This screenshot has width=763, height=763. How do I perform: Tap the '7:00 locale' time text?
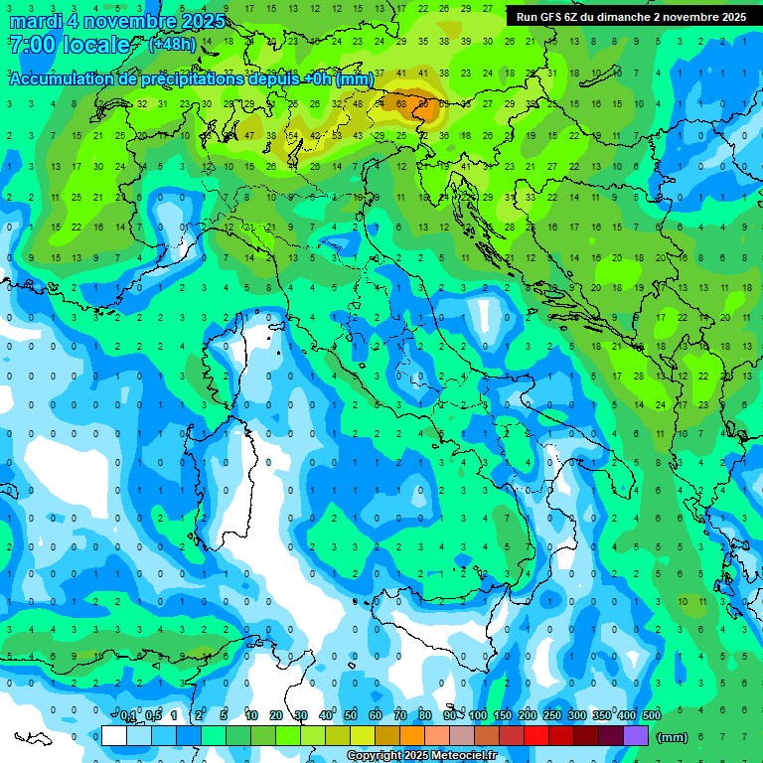click(69, 45)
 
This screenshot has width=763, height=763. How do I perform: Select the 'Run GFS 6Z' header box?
click(631, 17)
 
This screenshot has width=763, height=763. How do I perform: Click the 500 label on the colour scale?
click(652, 716)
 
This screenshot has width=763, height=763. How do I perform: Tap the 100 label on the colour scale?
click(478, 716)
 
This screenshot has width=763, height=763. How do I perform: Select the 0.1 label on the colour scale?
click(128, 716)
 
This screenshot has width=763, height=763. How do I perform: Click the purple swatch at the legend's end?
click(636, 736)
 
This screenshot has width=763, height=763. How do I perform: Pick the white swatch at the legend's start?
click(113, 736)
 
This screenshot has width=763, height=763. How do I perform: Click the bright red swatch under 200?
click(536, 736)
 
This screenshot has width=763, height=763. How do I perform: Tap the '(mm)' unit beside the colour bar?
click(673, 737)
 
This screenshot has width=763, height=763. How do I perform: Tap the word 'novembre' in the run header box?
click(689, 17)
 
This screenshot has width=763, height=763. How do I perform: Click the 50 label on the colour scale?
click(351, 716)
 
